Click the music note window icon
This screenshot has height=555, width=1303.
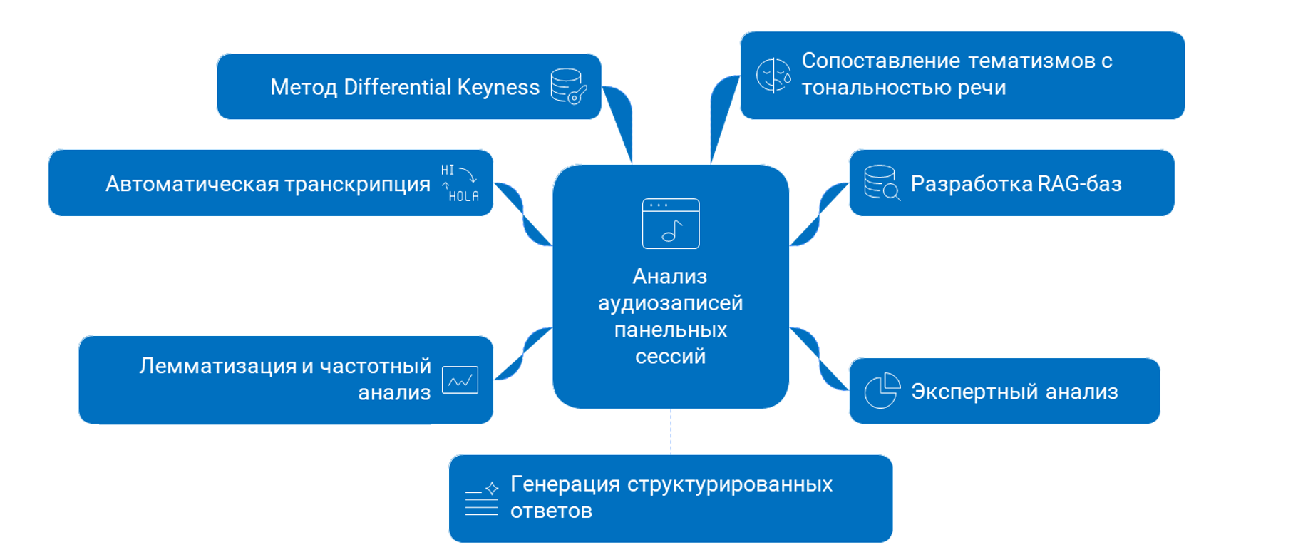tap(670, 223)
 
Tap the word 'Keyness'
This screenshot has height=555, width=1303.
tap(498, 87)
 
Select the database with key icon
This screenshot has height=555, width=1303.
tap(568, 86)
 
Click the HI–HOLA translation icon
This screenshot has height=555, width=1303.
tap(459, 183)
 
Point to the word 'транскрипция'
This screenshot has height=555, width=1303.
tap(357, 184)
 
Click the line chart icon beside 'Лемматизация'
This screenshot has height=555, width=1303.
tap(460, 380)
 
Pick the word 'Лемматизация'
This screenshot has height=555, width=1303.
tap(218, 366)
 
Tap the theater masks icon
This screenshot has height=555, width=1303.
tap(773, 75)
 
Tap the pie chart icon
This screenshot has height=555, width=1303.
tap(882, 390)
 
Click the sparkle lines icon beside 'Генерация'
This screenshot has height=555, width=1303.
tap(481, 498)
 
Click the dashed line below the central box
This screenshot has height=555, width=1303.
tap(671, 432)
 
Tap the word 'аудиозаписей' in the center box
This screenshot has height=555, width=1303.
tap(670, 303)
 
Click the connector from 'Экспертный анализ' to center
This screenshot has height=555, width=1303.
tap(820, 360)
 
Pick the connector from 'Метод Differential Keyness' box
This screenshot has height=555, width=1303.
tap(622, 121)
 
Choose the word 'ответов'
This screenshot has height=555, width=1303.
tap(551, 511)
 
